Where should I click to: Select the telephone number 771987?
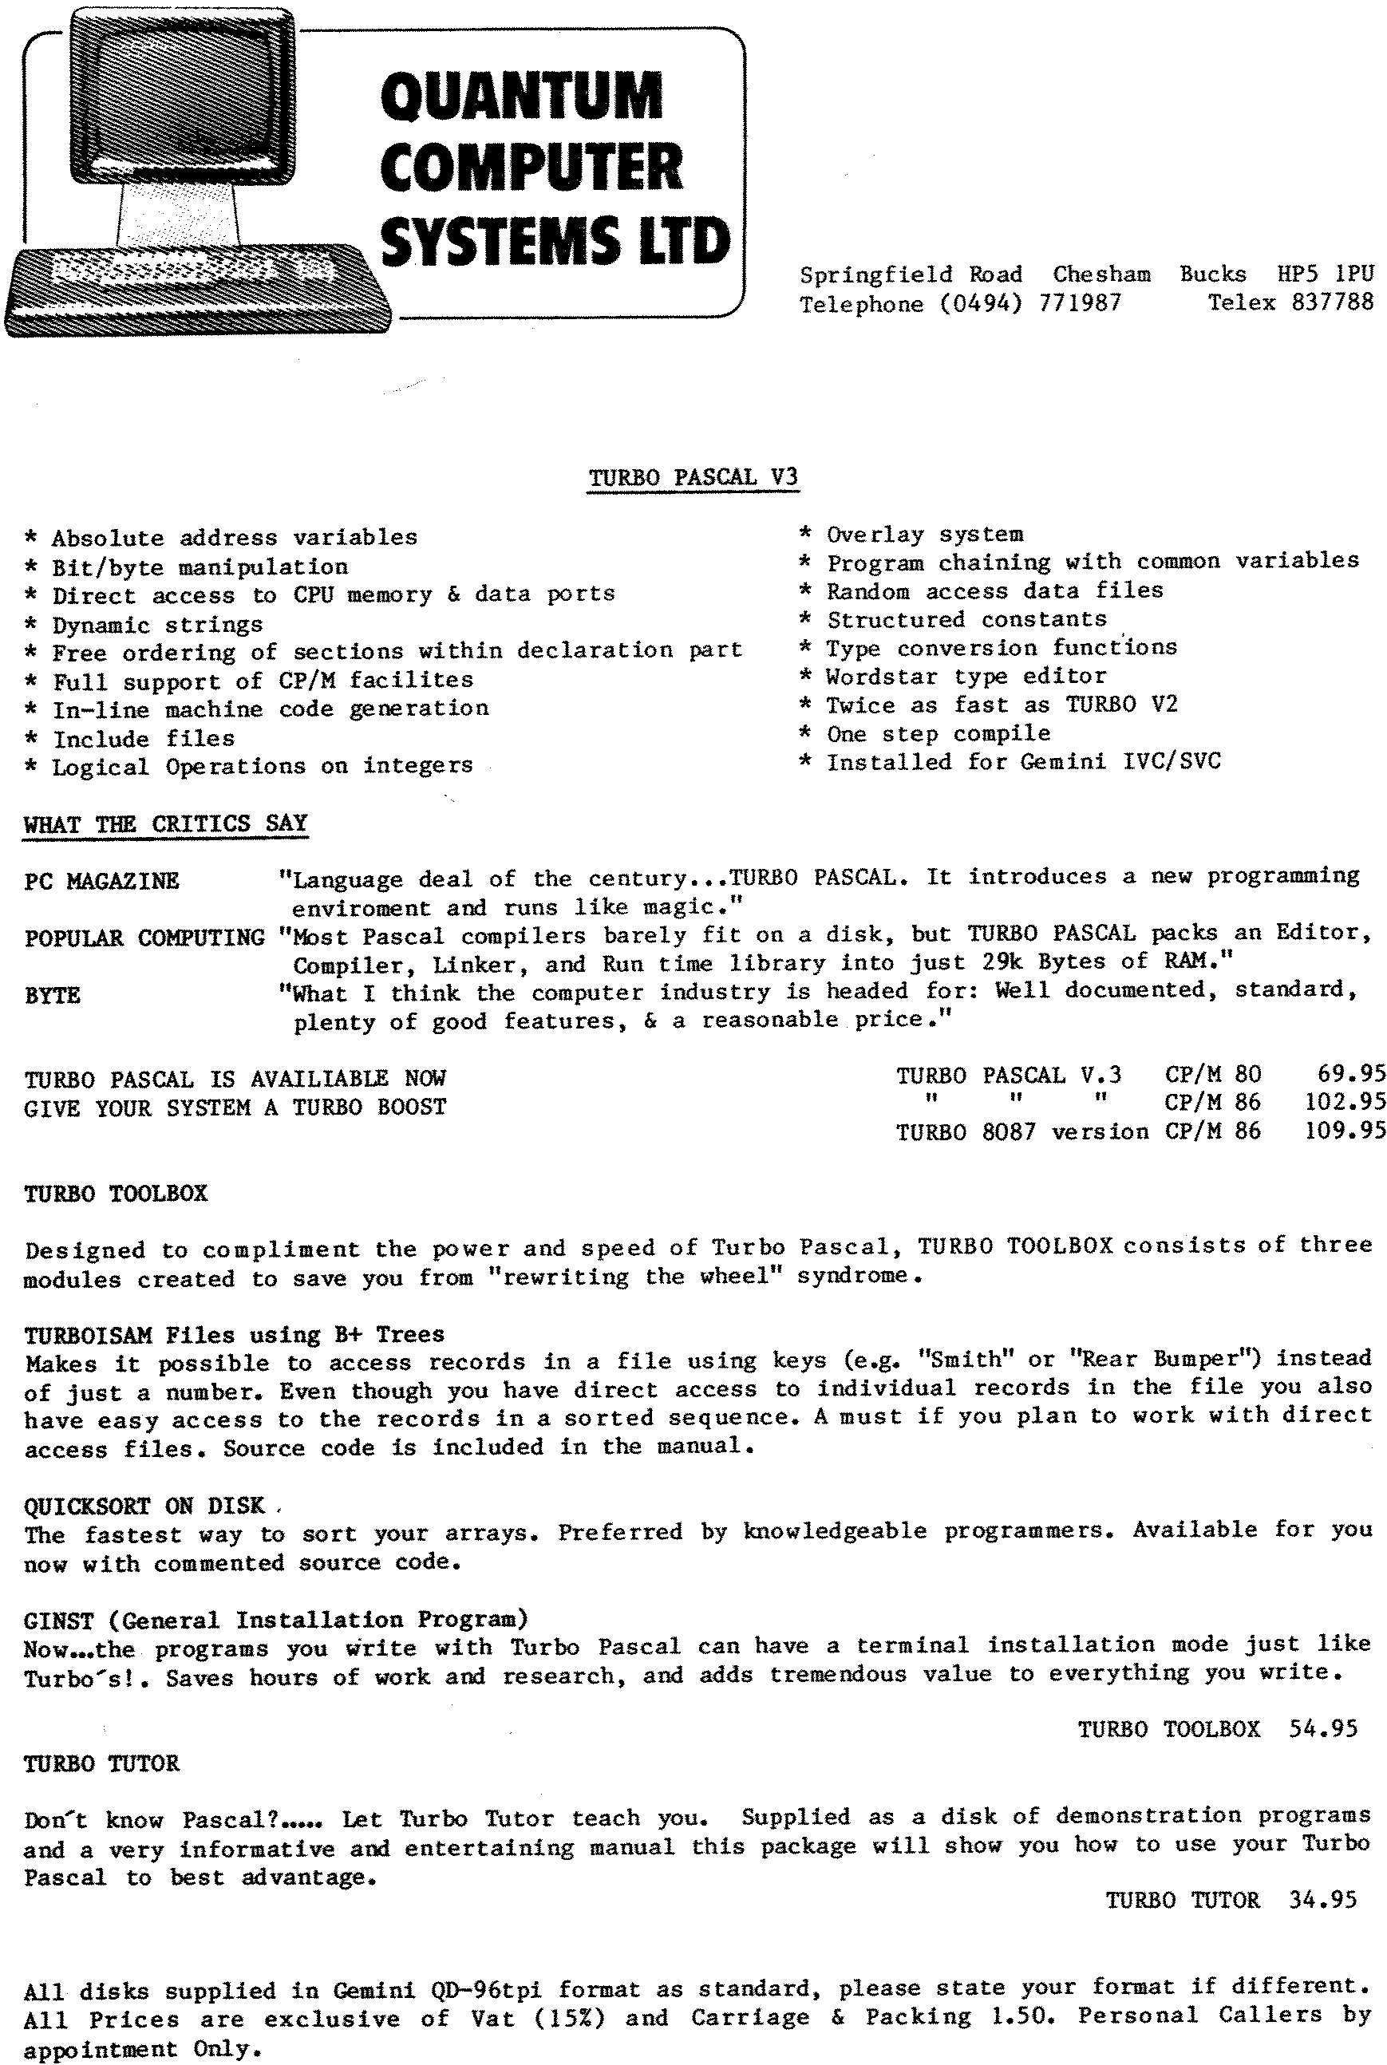coord(1079,303)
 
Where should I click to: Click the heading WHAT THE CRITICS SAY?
coord(165,823)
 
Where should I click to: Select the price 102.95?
coord(1345,1102)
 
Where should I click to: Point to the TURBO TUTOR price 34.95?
coord(1322,1900)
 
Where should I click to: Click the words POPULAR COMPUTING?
coord(144,938)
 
